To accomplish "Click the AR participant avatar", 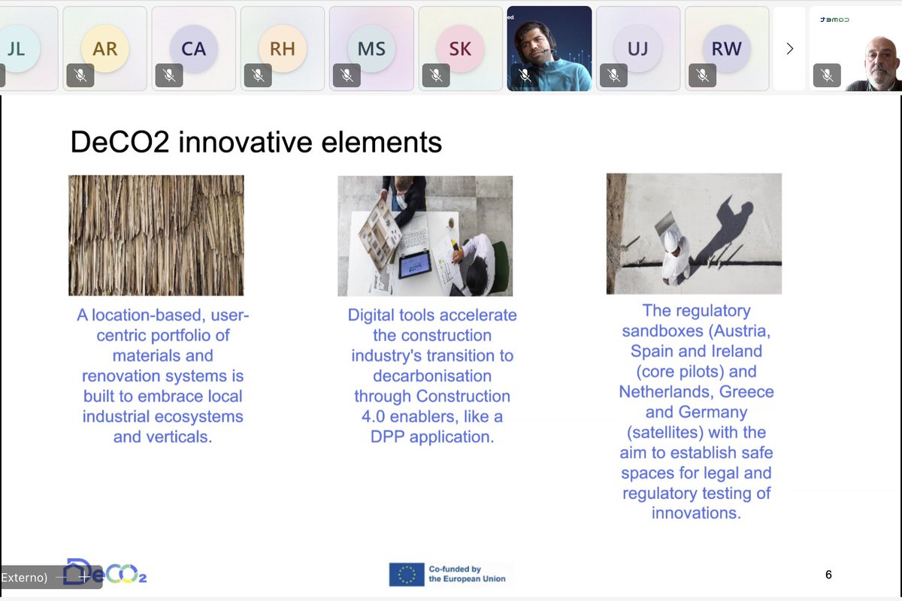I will pos(105,49).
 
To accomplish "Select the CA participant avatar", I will pos(193,49).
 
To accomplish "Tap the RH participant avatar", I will pos(282,49).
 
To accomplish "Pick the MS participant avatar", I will pos(371,49).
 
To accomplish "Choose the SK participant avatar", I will pos(460,49).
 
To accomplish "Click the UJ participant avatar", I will pos(637,49).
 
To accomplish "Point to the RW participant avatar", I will pos(726,49).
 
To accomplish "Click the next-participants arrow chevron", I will pos(789,49).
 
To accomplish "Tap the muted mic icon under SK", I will pos(435,75).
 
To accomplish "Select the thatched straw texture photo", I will pos(156,235).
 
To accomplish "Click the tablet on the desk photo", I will pos(414,264).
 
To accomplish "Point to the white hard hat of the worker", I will pos(671,240).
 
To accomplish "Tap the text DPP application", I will pos(432,436).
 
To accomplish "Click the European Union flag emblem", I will pos(407,575).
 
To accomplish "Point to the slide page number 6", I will pos(828,575).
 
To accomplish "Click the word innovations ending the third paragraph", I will pos(696,513).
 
